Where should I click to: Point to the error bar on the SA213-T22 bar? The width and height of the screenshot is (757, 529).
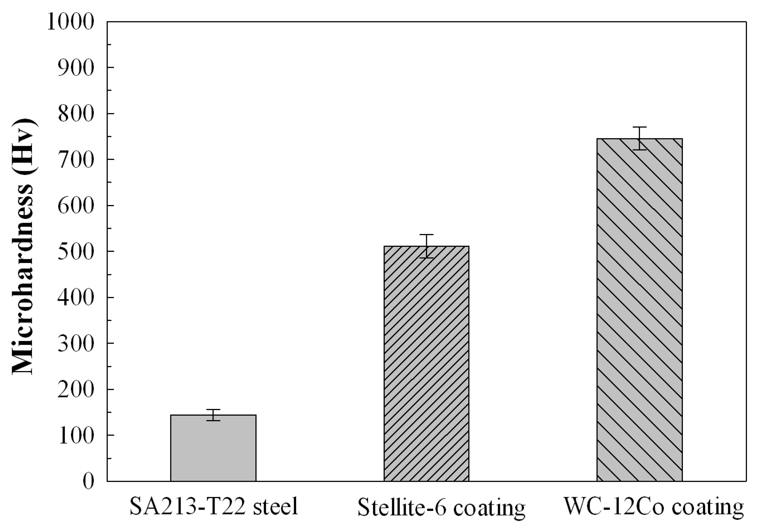(213, 415)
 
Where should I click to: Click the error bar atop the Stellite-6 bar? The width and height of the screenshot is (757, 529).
(426, 246)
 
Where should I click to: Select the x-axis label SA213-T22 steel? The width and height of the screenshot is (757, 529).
(214, 507)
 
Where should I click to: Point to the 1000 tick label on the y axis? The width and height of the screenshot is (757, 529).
(71, 22)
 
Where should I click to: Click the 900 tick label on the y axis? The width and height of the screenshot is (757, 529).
(76, 68)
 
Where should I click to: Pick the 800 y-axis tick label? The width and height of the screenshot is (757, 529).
(76, 114)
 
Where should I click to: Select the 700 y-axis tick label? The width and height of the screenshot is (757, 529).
(76, 160)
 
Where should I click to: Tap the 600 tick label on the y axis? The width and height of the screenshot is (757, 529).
(76, 206)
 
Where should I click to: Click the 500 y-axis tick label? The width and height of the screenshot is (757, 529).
(76, 252)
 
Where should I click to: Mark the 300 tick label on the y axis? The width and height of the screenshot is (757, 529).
(76, 344)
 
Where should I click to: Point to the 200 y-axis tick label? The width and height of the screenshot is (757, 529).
(76, 390)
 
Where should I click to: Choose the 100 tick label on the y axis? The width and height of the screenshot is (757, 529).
(76, 436)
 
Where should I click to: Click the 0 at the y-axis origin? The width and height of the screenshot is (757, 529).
(88, 482)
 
